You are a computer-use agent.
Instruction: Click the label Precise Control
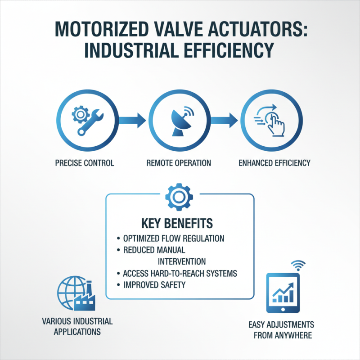coord(84,163)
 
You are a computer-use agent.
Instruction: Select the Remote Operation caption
coord(179,163)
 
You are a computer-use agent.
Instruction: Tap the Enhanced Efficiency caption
coord(274,163)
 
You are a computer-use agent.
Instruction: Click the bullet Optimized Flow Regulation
coord(173,238)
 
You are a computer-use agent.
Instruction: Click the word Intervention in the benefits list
coord(182,261)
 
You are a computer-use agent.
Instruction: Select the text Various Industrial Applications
coord(77,327)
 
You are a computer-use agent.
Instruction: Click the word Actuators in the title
coord(246,31)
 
